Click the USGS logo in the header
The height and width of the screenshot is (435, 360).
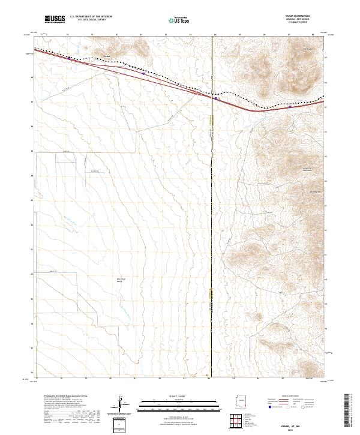tap(55, 19)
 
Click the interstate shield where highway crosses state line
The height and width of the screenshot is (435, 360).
tap(215, 100)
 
